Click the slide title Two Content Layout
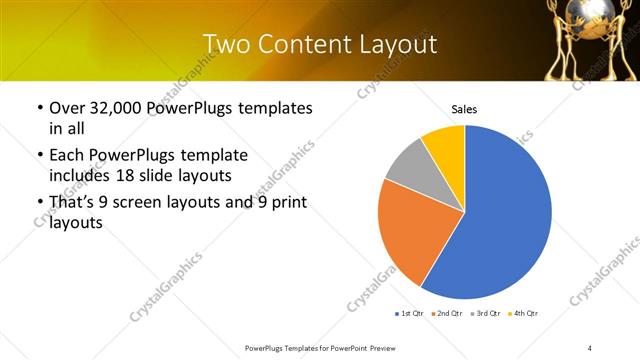tap(319, 44)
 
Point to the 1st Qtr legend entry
tap(410, 314)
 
